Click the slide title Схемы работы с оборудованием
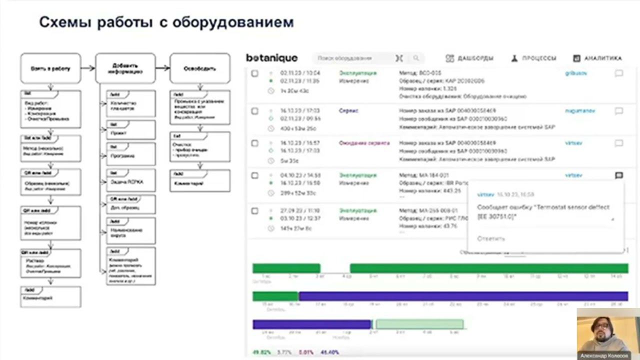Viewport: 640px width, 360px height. (166, 22)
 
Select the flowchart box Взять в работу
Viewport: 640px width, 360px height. (50, 68)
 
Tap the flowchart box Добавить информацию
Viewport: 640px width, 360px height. (125, 68)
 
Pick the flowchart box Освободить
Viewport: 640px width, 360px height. (200, 68)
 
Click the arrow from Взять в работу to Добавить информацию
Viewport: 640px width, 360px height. (87, 68)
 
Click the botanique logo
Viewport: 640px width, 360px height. (271, 58)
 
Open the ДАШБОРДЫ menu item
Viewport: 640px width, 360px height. (469, 58)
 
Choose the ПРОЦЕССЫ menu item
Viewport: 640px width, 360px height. (533, 58)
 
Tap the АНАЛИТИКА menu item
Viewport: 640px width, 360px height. (597, 58)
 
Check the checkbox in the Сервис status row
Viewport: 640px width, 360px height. (254, 111)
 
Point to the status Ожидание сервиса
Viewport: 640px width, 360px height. (364, 143)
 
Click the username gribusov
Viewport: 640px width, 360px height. (576, 73)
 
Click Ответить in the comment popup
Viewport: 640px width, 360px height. (491, 238)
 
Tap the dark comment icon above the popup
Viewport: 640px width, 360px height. (618, 175)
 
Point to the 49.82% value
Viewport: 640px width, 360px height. (261, 352)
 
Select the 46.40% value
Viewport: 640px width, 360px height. (329, 352)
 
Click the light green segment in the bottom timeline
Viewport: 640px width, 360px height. (419, 324)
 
